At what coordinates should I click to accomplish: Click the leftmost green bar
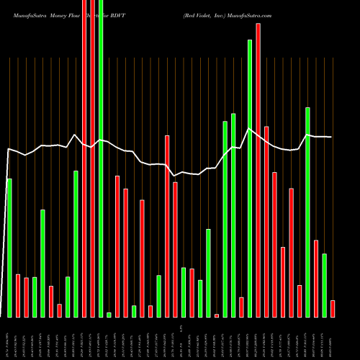tap(9, 248)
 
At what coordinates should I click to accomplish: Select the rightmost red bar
tap(333, 308)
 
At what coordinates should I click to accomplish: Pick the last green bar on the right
tap(324, 285)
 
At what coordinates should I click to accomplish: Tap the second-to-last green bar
tap(307, 212)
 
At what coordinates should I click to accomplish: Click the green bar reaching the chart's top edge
tap(101, 158)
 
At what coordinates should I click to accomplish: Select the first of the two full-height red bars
tap(84, 158)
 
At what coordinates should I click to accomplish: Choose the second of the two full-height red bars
tap(92, 158)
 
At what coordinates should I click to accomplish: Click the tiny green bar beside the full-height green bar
tap(109, 315)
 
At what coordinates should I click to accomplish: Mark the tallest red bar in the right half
tap(258, 170)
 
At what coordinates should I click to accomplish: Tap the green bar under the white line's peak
tap(250, 178)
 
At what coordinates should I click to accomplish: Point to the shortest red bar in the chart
tap(217, 315)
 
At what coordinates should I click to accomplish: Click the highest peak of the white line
tap(249, 129)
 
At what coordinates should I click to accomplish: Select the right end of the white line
tap(332, 137)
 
